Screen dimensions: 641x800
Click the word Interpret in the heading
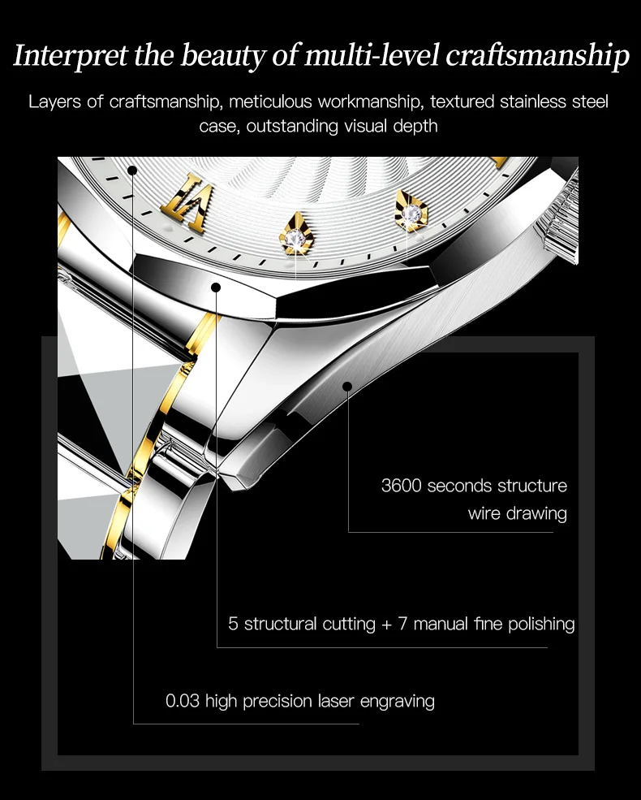[x=61, y=56]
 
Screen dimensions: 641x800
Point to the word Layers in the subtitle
[x=54, y=102]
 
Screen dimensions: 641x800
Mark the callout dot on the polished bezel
[x=216, y=287]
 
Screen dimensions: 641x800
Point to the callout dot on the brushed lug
[x=347, y=386]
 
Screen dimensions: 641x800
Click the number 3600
[x=401, y=486]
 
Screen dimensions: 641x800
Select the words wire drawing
[x=517, y=513]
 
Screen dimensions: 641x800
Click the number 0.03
[x=183, y=700]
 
